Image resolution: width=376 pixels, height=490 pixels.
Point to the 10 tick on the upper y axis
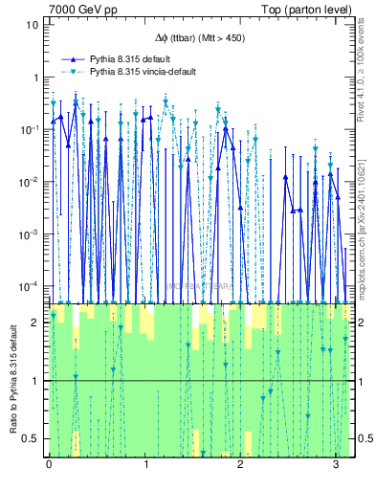pos(32,25)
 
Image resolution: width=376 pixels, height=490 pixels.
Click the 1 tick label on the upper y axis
pos(34,78)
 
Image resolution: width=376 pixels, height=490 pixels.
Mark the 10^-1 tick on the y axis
pos(30,129)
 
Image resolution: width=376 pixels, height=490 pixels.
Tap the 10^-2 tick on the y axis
pos(30,182)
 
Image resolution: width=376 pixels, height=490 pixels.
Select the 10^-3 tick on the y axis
pos(30,234)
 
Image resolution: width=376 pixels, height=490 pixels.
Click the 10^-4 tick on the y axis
pos(30,286)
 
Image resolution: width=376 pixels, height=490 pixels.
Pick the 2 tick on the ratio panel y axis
pos(35,323)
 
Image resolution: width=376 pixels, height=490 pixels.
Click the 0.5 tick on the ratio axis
pos(32,439)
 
